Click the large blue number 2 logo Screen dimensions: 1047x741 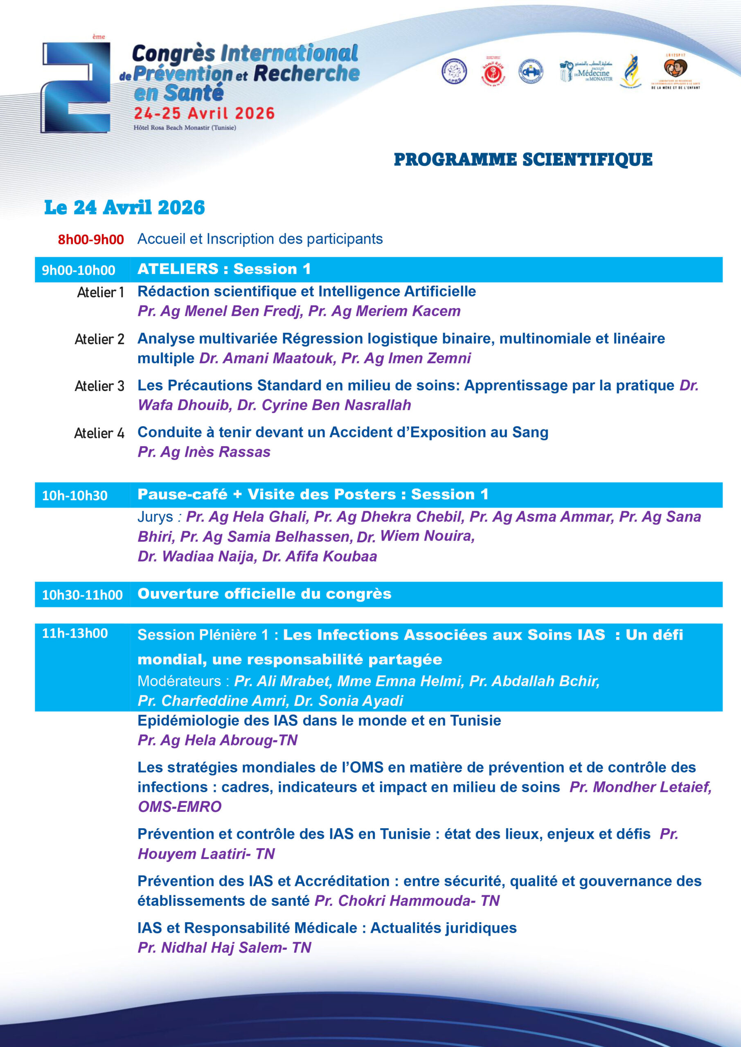coord(77,88)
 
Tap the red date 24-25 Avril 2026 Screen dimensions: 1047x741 coord(204,113)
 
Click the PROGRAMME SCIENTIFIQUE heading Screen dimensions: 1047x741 coord(523,160)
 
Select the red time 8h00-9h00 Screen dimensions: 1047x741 coord(91,239)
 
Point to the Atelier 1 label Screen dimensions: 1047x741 coord(100,292)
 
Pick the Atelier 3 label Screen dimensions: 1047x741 coord(99,386)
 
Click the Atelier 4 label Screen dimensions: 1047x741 coord(99,433)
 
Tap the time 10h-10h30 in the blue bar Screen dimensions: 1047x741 coord(75,496)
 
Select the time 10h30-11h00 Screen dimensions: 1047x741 coord(82,595)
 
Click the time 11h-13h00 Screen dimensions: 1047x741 coord(75,634)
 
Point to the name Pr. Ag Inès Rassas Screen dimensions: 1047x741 coord(204,452)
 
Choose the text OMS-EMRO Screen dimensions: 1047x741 coord(179,807)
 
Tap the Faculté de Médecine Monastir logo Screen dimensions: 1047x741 coord(586,72)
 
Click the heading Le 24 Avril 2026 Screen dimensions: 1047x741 coord(124,207)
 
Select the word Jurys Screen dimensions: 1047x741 coord(155,517)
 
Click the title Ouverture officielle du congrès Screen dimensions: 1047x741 coord(264,594)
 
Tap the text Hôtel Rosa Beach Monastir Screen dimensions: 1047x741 coord(185,128)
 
